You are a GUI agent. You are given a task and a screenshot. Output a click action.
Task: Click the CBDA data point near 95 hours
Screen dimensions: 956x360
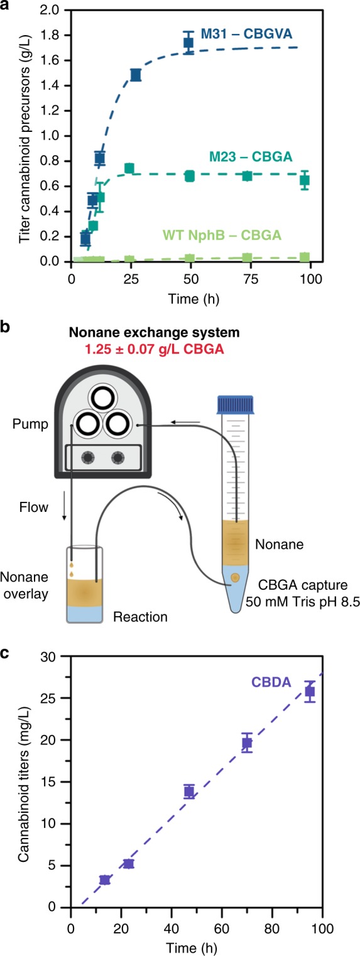point(310,692)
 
